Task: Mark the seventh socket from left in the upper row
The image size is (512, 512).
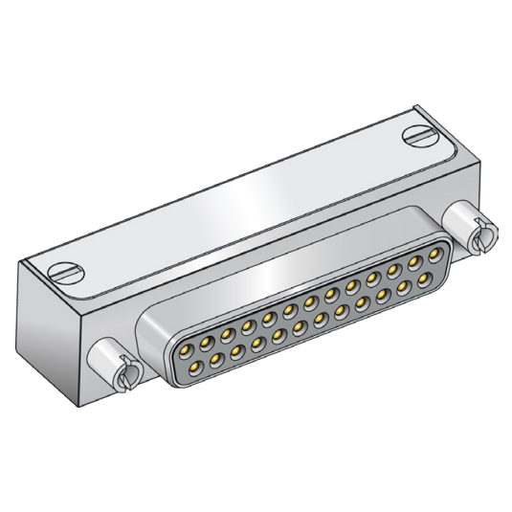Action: click(x=308, y=297)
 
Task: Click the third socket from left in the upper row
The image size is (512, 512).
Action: click(x=227, y=325)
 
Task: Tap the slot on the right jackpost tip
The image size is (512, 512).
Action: click(x=484, y=233)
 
